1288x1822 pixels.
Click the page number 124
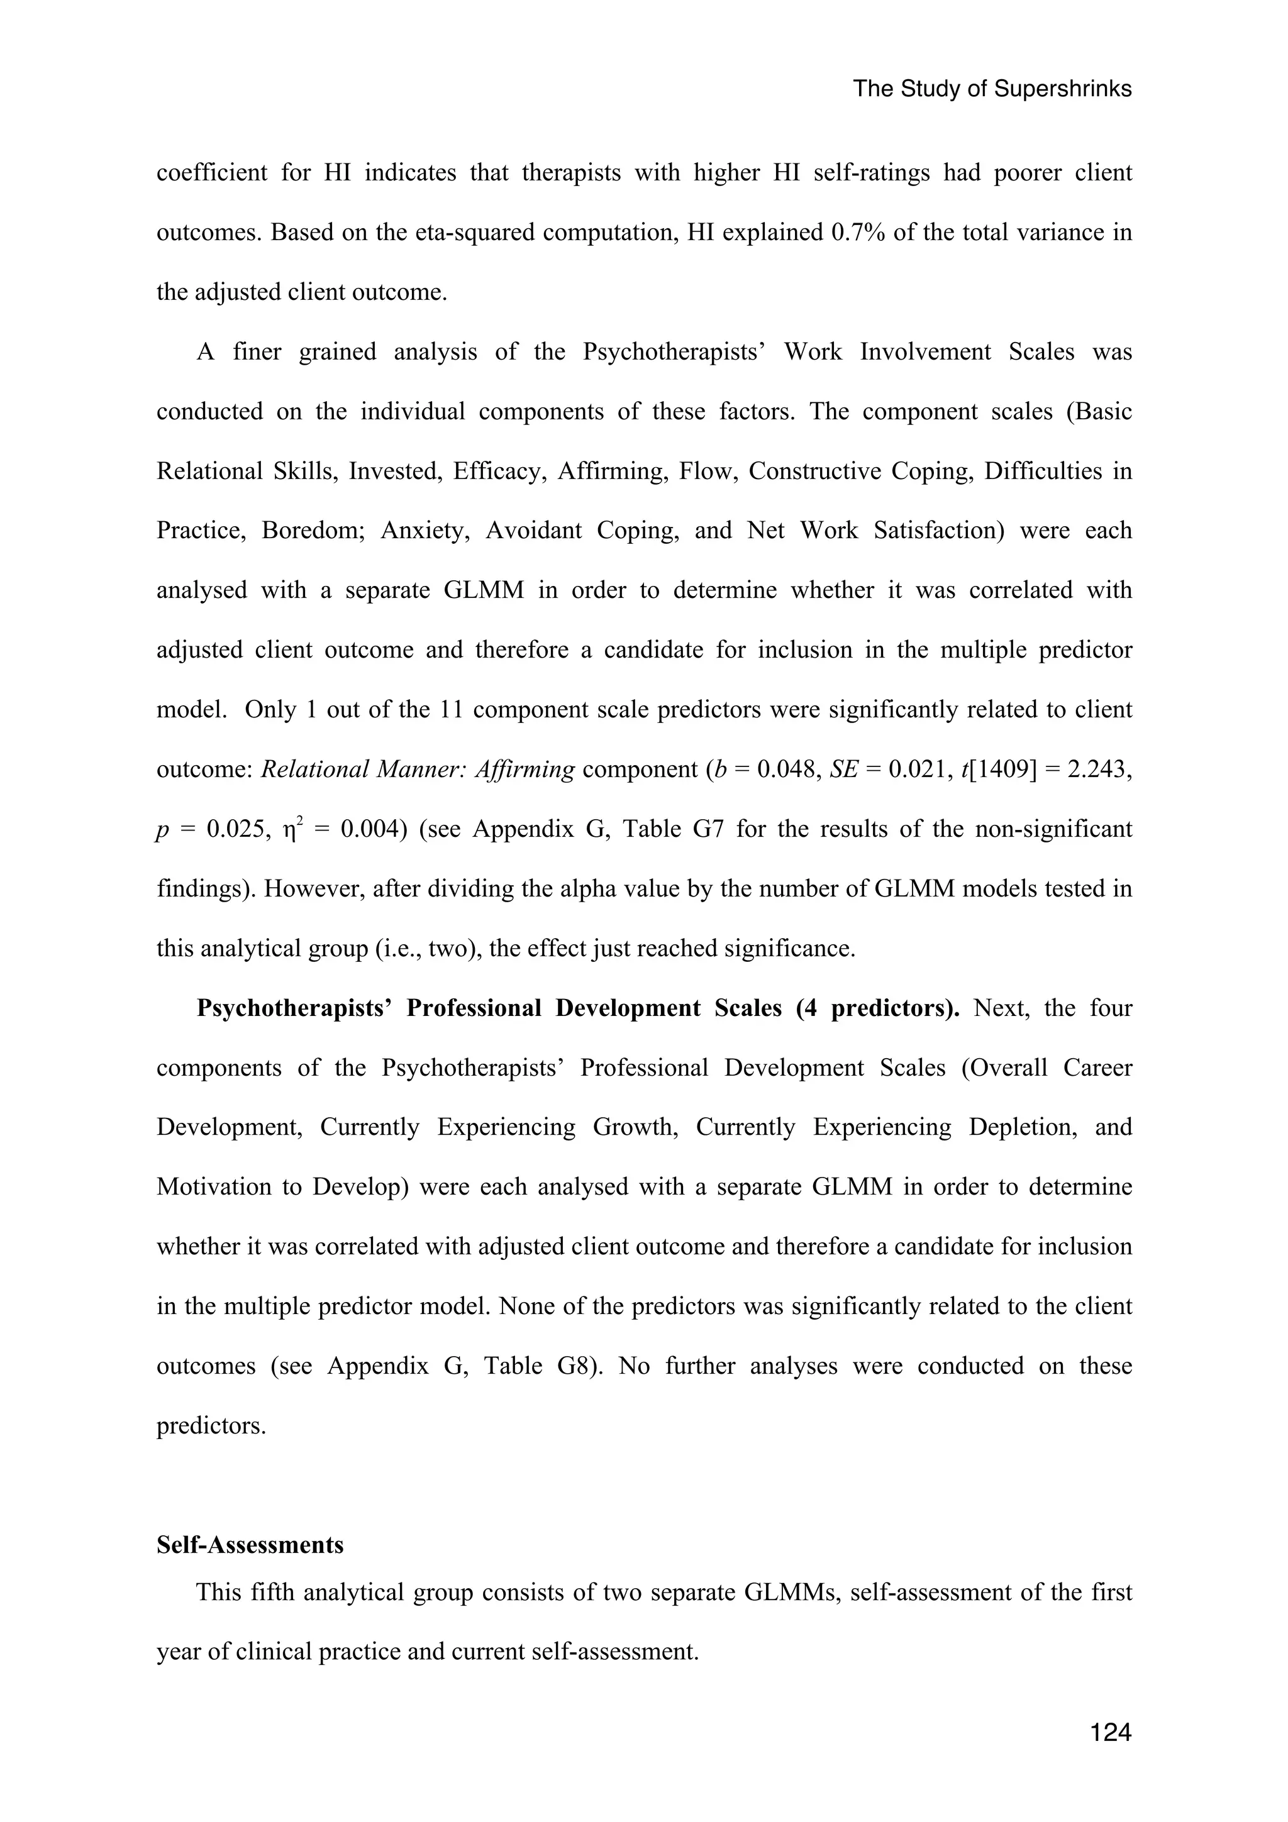tap(1110, 1732)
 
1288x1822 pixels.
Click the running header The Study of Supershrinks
tap(992, 89)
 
